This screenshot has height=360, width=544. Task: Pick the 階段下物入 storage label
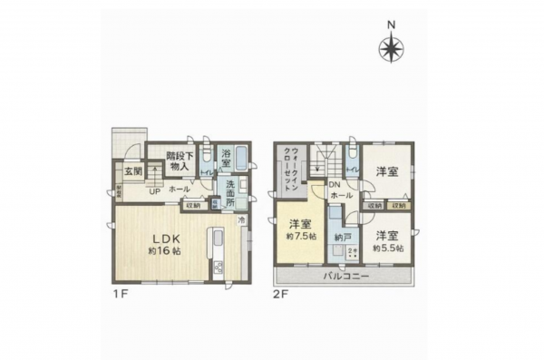coord(178,161)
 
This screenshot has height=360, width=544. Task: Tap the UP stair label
coord(154,192)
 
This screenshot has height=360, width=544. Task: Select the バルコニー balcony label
coord(345,277)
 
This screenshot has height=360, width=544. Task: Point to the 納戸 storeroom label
coord(341,238)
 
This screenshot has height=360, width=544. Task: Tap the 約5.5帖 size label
coord(390,247)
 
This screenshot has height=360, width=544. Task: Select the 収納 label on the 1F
coord(194,206)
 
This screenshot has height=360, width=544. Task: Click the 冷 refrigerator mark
coord(242,219)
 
